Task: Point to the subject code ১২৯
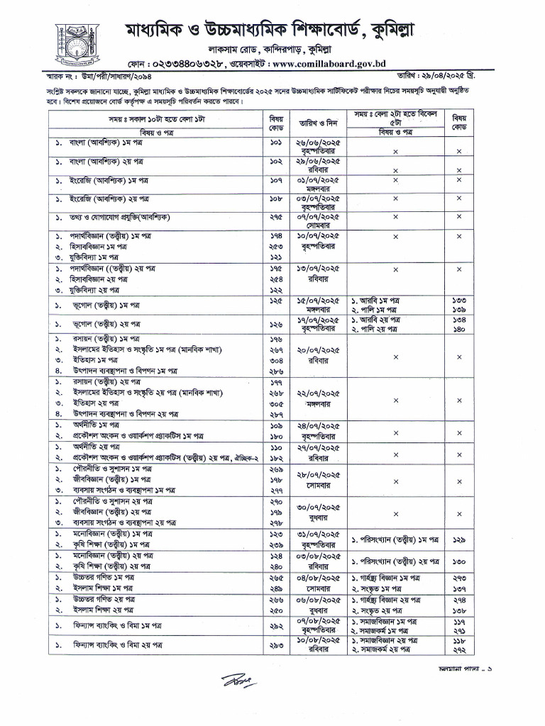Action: (459, 540)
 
